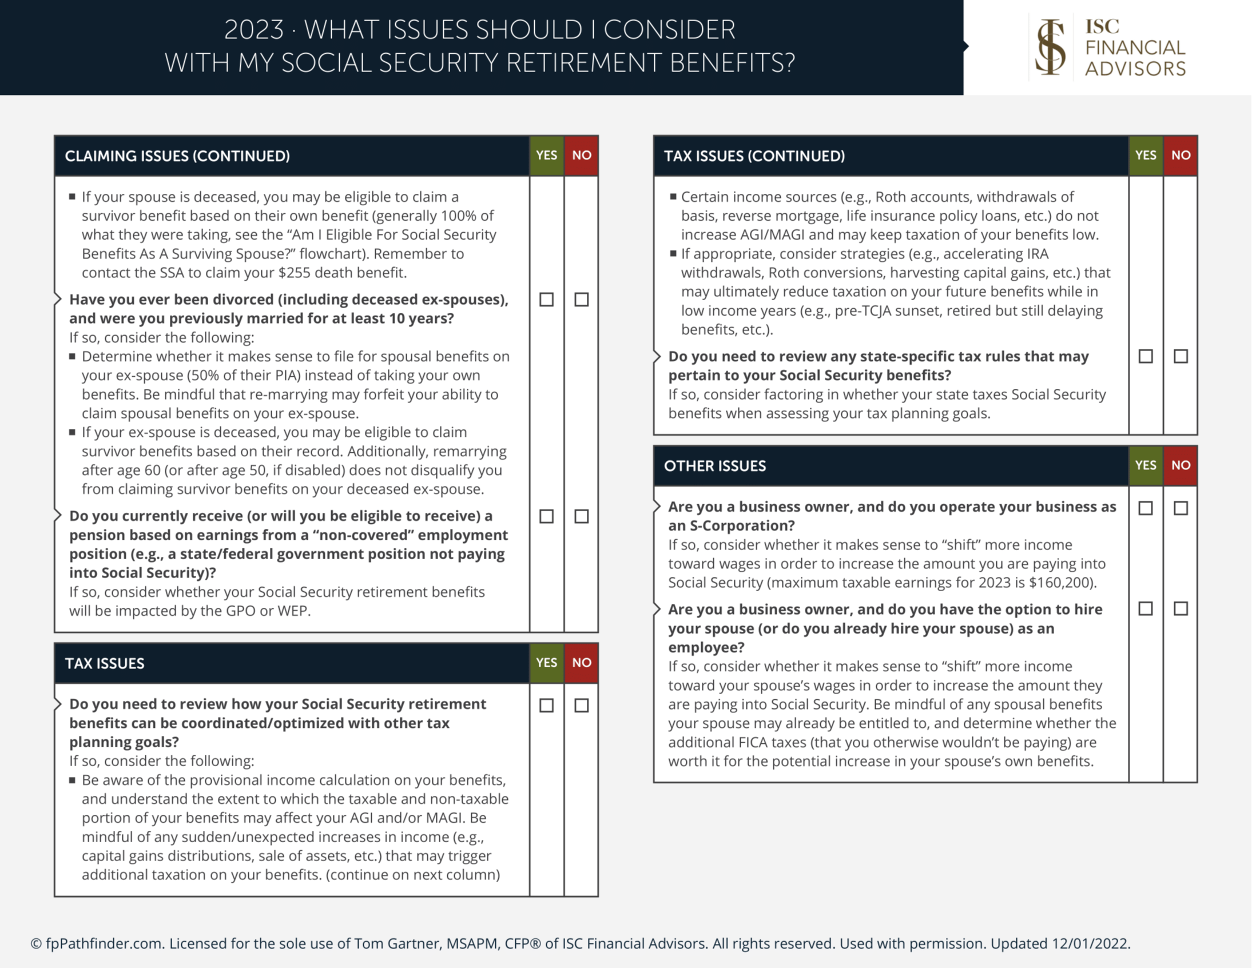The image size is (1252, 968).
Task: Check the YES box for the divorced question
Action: tap(546, 300)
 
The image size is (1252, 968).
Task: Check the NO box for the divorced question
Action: tap(581, 300)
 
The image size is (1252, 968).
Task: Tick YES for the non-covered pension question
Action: tap(546, 516)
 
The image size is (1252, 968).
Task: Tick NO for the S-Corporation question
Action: tap(1181, 508)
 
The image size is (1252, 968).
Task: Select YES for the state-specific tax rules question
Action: tap(1146, 356)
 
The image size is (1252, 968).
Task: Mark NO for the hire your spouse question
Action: tap(1181, 609)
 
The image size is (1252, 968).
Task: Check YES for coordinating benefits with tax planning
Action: tap(546, 706)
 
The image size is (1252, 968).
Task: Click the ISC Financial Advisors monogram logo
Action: tap(1050, 47)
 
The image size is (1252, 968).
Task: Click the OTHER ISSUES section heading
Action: tap(714, 466)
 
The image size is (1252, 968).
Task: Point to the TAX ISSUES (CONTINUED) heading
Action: tap(754, 156)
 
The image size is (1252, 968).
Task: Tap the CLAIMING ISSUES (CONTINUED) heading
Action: tap(177, 156)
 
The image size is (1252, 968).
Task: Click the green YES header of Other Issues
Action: tap(1146, 465)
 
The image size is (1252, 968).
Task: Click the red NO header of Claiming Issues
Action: tap(581, 156)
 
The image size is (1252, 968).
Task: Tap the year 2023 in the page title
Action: tap(253, 30)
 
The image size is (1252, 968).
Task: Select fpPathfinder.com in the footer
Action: tap(104, 943)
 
